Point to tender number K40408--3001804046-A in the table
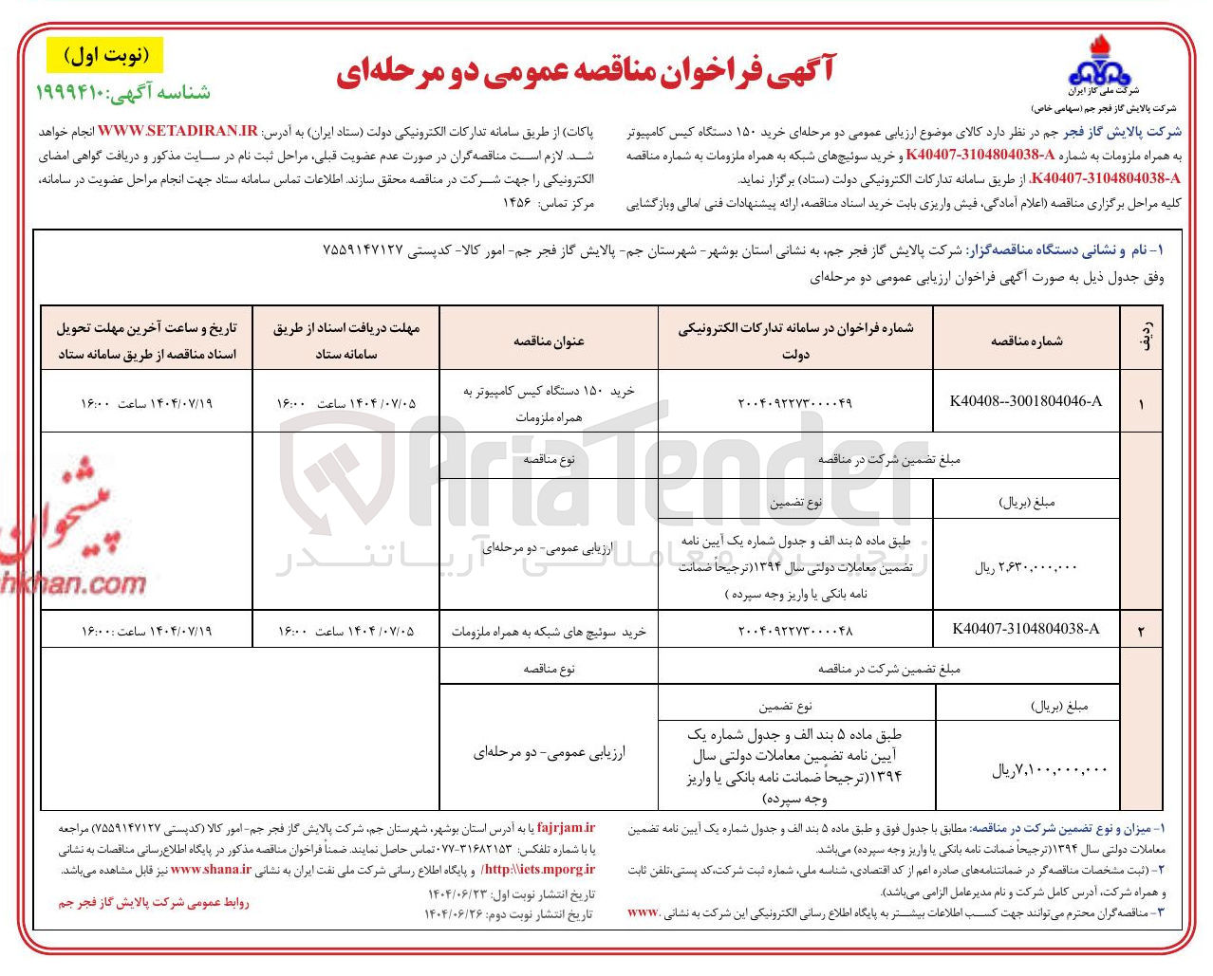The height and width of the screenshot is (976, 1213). [x=1025, y=401]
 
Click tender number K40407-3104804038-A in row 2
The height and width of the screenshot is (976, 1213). [x=1025, y=629]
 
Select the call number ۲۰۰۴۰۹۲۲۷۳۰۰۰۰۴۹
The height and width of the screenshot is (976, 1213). [x=794, y=403]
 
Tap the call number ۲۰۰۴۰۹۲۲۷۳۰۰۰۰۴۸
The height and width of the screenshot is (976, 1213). [x=794, y=631]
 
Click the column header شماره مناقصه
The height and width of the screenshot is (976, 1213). [x=1026, y=341]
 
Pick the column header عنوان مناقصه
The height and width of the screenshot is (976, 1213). [x=549, y=341]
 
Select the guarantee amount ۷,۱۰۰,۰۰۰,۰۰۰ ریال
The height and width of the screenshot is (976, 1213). [x=1049, y=770]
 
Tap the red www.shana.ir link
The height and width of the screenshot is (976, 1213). [x=211, y=869]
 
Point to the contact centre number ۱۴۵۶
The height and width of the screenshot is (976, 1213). [x=521, y=203]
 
